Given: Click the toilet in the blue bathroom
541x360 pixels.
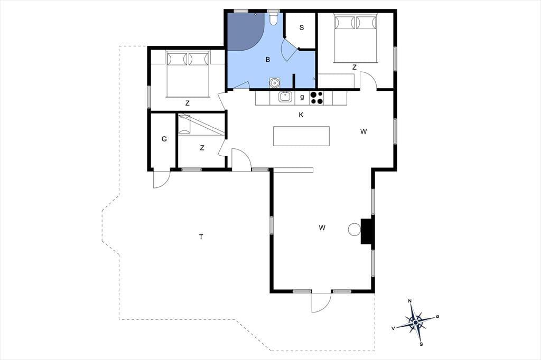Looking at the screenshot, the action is (274, 20).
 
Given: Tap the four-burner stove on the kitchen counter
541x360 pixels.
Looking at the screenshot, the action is (317, 98).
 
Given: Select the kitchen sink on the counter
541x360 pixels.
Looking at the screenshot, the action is (285, 97).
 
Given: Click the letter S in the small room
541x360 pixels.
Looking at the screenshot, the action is (302, 27).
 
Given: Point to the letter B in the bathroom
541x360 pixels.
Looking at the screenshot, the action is (268, 60).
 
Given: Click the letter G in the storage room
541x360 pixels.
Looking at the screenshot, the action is (164, 139).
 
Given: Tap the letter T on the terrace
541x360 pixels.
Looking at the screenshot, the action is (201, 237).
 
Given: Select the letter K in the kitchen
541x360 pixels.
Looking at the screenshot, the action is (301, 115).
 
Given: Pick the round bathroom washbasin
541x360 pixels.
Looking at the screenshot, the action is (275, 83).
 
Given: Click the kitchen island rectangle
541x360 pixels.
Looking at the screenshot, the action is (301, 136).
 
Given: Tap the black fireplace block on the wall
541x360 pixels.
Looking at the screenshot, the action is (367, 231).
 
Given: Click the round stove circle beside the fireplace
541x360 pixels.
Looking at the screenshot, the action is (354, 229).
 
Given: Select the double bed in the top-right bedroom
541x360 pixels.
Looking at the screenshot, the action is (356, 39).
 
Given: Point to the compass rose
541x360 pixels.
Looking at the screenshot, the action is (416, 322).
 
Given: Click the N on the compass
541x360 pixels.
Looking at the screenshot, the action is (410, 301).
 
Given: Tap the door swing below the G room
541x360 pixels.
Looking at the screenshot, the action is (162, 179).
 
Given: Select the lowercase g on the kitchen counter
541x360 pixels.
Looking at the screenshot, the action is (302, 97).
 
